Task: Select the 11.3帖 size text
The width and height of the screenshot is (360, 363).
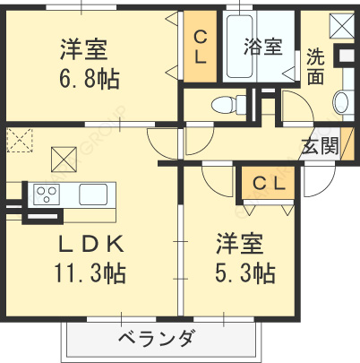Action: click(90, 272)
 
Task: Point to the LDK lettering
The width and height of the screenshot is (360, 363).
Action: click(90, 244)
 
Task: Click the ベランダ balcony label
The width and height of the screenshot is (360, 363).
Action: click(158, 339)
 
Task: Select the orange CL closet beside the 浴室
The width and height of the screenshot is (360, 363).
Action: click(201, 45)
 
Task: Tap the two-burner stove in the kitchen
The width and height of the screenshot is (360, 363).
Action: click(47, 194)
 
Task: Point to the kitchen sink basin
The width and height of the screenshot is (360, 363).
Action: click(94, 194)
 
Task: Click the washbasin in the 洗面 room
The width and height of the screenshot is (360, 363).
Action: click(341, 100)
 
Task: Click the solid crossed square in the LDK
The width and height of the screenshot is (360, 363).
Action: click(64, 160)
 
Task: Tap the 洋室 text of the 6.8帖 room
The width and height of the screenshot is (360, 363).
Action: click(90, 48)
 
